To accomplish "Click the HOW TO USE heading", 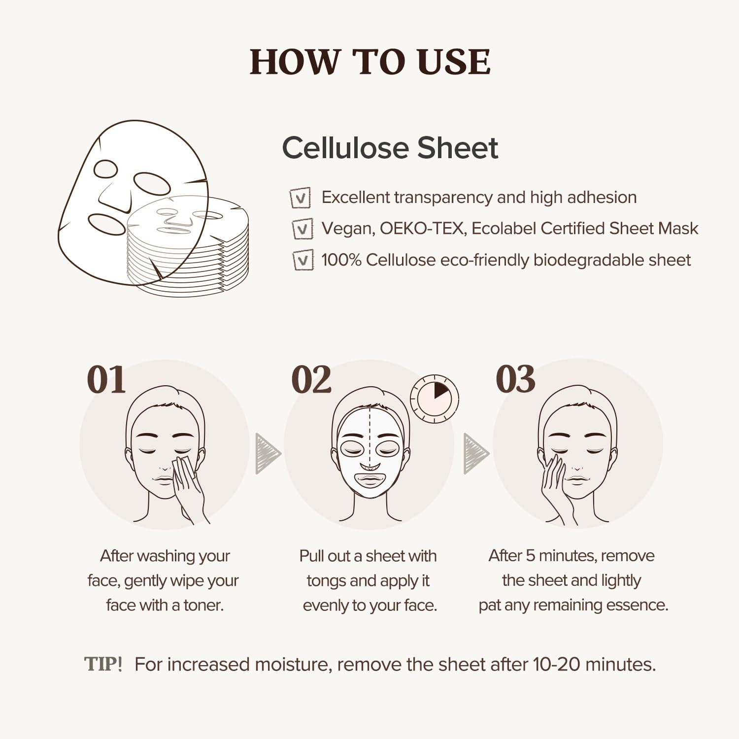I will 370,62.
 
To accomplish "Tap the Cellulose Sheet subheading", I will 390,148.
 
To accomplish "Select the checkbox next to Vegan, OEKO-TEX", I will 302,229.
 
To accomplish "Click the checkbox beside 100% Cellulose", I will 303,260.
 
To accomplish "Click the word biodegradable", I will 588,260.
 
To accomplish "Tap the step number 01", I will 106,380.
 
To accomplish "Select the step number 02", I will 311,380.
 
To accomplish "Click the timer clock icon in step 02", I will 435,399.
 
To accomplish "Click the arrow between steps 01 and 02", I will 267,454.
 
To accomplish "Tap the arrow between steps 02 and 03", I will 475,454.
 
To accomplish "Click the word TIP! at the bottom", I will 103,664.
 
